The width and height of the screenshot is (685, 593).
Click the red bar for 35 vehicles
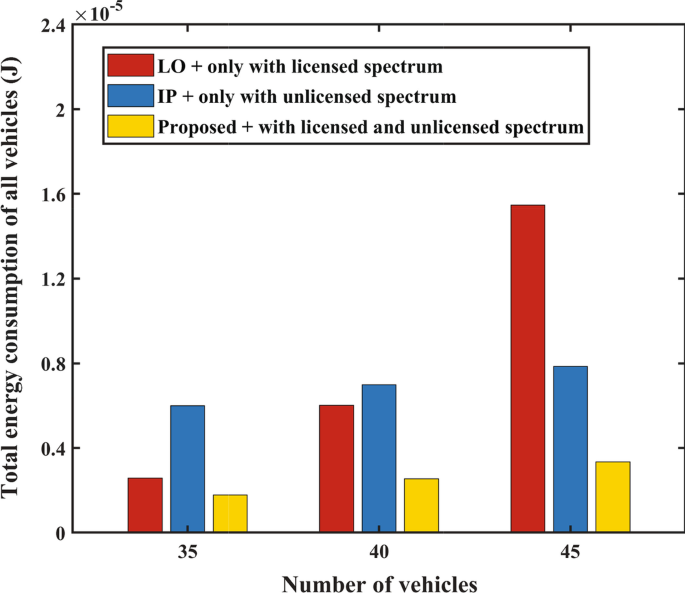pos(145,505)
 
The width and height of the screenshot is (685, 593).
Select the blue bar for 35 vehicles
pos(187,468)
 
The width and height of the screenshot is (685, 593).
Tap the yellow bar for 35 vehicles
pos(230,513)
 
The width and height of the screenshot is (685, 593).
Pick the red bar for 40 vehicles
pos(336,468)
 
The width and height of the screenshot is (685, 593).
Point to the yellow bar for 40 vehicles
pos(421,505)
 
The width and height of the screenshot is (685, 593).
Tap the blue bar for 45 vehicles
pos(570,449)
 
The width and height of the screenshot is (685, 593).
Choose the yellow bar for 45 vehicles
pos(613,497)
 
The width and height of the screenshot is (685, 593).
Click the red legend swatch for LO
pos(131,66)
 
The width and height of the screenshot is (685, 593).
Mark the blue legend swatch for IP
pos(131,96)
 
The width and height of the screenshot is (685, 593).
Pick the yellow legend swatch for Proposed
pos(131,126)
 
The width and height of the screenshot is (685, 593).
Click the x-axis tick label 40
pos(379,551)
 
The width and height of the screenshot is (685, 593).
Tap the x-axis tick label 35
pos(187,551)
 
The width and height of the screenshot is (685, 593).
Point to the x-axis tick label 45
pos(570,551)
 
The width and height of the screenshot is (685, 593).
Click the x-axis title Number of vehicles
pos(379,581)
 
